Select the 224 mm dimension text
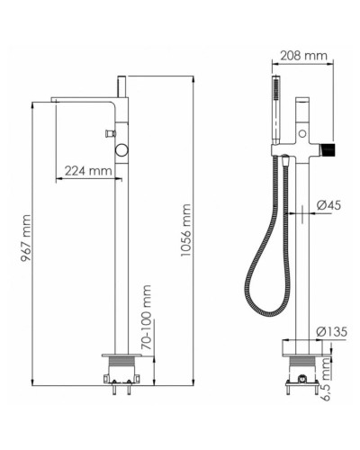coord(89,171)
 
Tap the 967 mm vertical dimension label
coord(26,238)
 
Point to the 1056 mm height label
coord(186,230)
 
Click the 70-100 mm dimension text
coord(146,318)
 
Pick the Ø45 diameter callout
coord(328,205)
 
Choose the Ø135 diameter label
coord(332,332)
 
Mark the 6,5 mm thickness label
coord(325,380)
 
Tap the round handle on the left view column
coord(122,149)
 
